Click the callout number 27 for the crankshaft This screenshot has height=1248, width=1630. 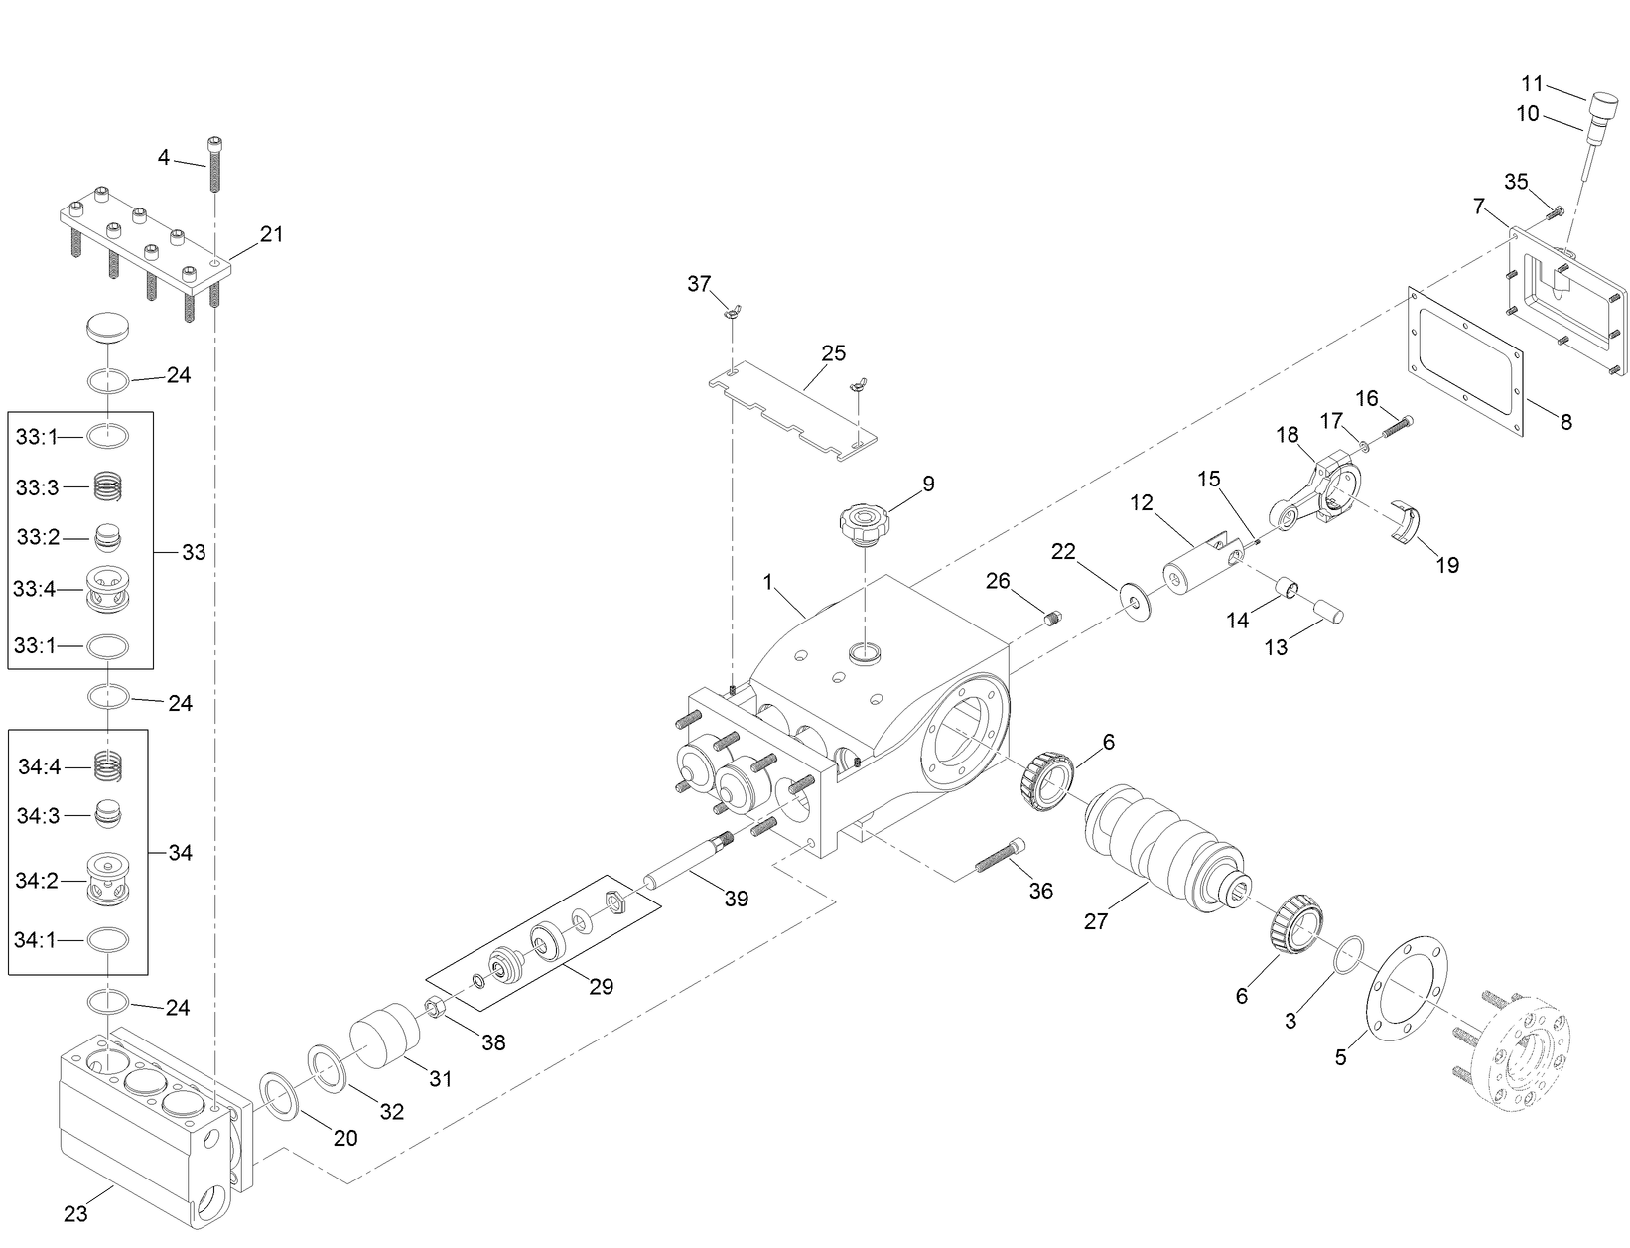[1095, 921]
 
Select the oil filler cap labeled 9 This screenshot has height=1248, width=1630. [866, 522]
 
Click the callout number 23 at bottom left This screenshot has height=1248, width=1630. [75, 1213]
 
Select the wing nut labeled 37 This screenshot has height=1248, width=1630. [730, 316]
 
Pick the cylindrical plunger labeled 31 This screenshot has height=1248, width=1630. [384, 1038]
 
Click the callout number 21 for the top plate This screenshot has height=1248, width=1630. [271, 234]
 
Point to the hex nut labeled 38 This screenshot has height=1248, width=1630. [435, 1010]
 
